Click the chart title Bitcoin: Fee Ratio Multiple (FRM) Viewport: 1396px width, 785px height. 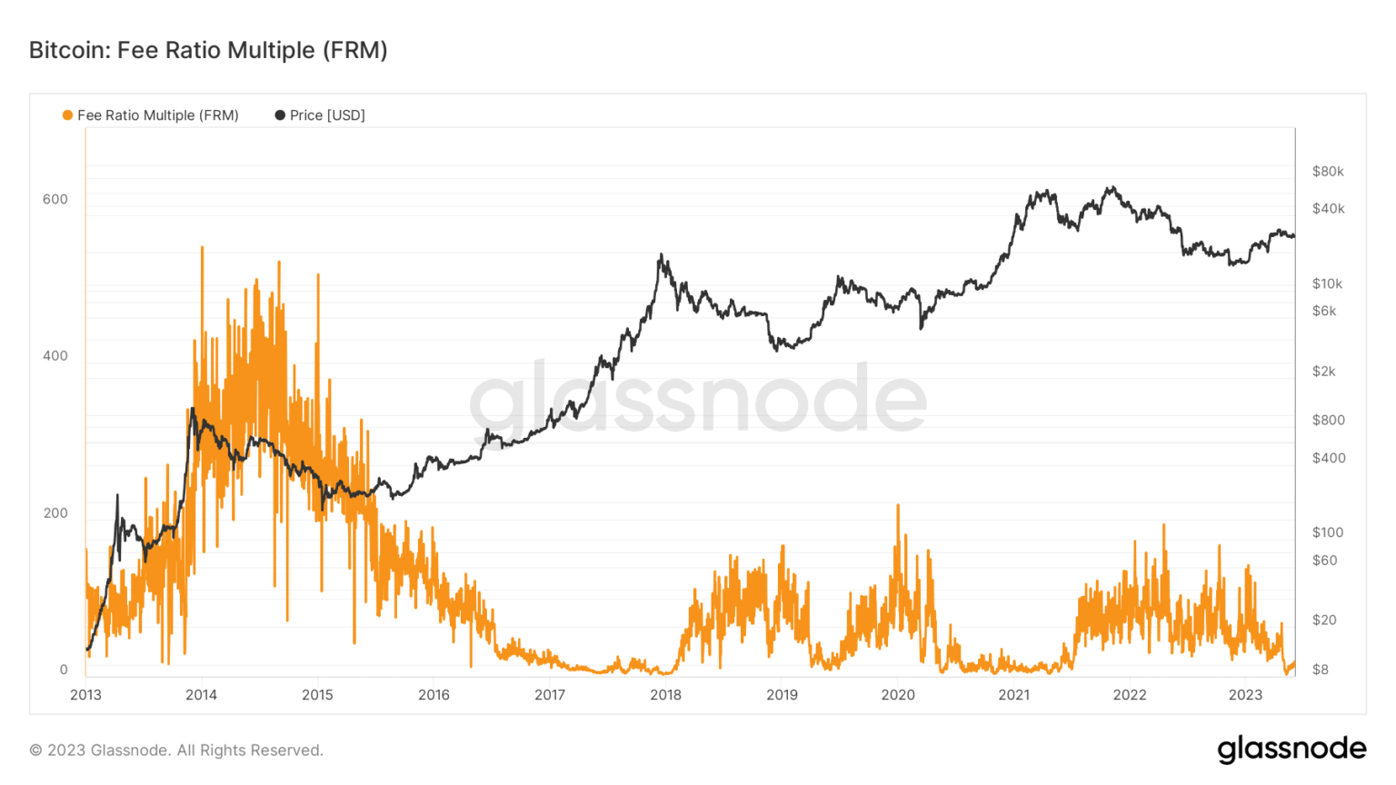[x=208, y=50]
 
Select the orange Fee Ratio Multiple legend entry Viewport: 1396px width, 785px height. [x=150, y=115]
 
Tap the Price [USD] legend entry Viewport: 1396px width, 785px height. [x=320, y=115]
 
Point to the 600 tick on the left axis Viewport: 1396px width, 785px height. [x=55, y=199]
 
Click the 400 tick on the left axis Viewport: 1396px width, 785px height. [x=55, y=356]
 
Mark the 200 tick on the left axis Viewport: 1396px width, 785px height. [x=55, y=513]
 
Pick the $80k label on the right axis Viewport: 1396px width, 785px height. [x=1328, y=172]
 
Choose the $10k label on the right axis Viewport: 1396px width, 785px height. [x=1327, y=283]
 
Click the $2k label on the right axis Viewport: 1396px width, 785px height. [x=1323, y=371]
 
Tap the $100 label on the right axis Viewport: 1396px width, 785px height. [x=1327, y=532]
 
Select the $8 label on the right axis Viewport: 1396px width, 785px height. [x=1320, y=670]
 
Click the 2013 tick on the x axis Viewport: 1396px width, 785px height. [x=85, y=695]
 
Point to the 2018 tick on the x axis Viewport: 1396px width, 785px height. [x=665, y=695]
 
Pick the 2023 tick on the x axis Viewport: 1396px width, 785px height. [x=1245, y=695]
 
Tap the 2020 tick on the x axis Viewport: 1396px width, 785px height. [x=898, y=695]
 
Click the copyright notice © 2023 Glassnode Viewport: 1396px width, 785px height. [x=176, y=750]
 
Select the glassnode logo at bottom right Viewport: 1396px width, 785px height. [x=1291, y=749]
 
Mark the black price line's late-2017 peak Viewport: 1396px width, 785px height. [x=661, y=256]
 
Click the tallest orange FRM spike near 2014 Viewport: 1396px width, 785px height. [x=202, y=248]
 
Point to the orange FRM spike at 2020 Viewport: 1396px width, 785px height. [x=898, y=507]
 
